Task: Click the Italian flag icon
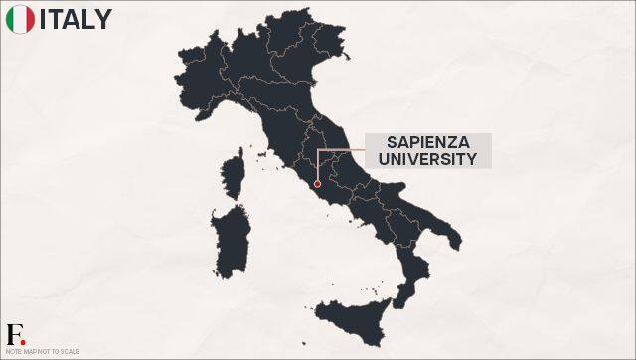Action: click(x=19, y=19)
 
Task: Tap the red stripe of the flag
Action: click(x=30, y=19)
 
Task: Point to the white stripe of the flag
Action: click(x=19, y=19)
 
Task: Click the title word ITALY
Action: click(x=76, y=19)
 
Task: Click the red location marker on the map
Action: click(x=316, y=183)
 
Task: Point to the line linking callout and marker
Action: click(x=338, y=150)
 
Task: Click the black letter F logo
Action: click(x=13, y=332)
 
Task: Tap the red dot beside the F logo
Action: click(x=23, y=340)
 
